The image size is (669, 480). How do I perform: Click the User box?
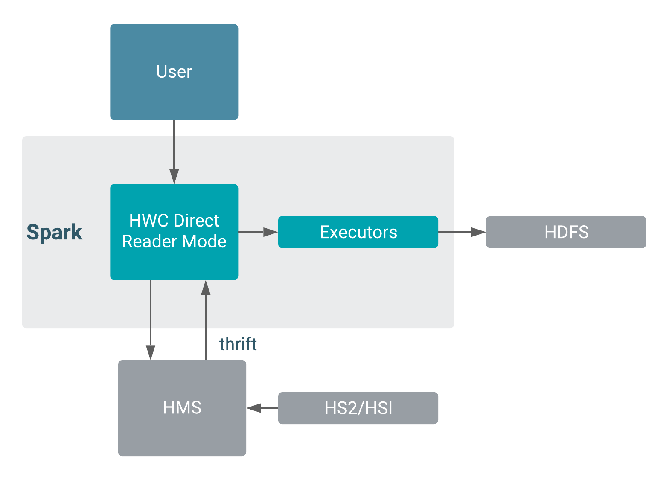coord(174,72)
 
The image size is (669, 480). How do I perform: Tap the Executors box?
coord(358,232)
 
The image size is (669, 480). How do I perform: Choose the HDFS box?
coord(566,232)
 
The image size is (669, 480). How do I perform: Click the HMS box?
coord(182,408)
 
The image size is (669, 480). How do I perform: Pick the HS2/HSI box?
coord(358,408)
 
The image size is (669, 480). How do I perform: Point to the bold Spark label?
coord(54,233)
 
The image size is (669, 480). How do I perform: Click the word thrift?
coord(238,344)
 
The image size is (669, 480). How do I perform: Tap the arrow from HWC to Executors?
coord(257,232)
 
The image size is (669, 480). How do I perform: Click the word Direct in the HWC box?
coord(197,221)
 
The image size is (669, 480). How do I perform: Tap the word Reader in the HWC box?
coord(145,241)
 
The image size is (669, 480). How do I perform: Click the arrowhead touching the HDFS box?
coord(479,232)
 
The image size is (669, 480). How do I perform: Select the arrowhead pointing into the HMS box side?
coord(254,408)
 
